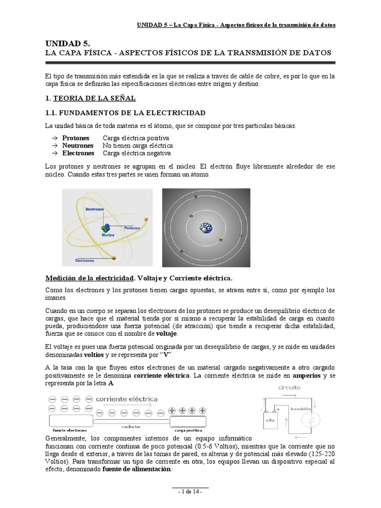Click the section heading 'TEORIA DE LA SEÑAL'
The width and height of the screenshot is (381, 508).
pyautogui.click(x=94, y=99)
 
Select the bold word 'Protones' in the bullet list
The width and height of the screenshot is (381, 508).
pyautogui.click(x=76, y=137)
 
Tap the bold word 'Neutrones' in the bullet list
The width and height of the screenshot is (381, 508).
pyautogui.click(x=78, y=145)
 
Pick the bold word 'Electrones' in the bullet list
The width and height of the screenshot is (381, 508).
pyautogui.click(x=78, y=153)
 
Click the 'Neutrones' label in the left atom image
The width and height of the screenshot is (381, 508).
pyautogui.click(x=95, y=209)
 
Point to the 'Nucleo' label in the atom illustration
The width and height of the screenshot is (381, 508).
pyautogui.click(x=108, y=235)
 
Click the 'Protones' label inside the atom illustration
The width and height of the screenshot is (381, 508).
pyautogui.click(x=132, y=228)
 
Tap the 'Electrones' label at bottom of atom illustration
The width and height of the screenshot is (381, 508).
pyautogui.click(x=85, y=259)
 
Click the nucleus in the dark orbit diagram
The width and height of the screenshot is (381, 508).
pyautogui.click(x=205, y=228)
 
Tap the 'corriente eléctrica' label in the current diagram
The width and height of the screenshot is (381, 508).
pyautogui.click(x=127, y=399)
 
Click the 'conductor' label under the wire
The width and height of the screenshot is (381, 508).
pyautogui.click(x=131, y=427)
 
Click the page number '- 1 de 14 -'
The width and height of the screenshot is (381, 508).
pyautogui.click(x=190, y=491)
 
